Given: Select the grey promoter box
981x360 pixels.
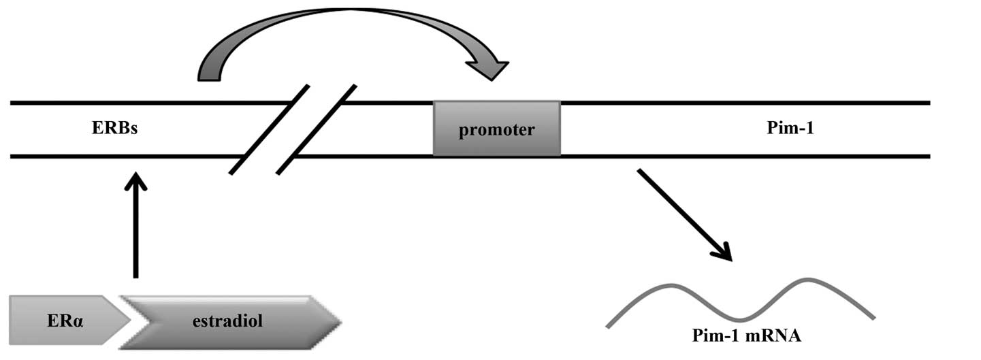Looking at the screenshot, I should (496, 129).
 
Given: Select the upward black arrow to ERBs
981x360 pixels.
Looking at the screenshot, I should (136, 225).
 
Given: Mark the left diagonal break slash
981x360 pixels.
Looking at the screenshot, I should (270, 129).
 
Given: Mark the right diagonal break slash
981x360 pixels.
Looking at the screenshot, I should (317, 129).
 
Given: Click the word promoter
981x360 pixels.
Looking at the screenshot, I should (496, 130).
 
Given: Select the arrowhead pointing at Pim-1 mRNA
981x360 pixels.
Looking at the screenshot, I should (723, 252).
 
